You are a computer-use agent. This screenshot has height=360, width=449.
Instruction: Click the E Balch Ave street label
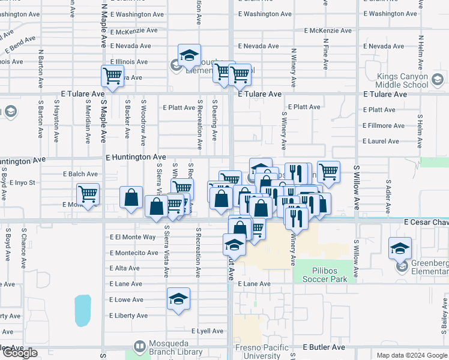coord(80,174)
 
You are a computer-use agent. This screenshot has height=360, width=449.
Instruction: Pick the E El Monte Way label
coord(133,237)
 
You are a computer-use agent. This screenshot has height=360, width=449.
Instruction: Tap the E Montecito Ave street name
coord(133,253)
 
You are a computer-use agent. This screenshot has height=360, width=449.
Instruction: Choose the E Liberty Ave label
coord(128,316)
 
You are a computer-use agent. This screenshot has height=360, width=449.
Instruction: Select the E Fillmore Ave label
coord(384,125)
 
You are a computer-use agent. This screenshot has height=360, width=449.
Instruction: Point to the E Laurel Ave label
coord(381,141)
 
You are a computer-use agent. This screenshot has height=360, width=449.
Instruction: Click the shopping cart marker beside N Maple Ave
coord(112,76)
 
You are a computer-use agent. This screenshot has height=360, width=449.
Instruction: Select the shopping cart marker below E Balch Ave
coord(88,194)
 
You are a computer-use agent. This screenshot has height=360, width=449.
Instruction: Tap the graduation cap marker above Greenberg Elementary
coord(400,248)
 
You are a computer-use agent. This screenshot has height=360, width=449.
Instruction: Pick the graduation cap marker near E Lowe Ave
coord(178,298)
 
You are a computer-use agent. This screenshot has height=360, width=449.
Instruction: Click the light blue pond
coord(82,310)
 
